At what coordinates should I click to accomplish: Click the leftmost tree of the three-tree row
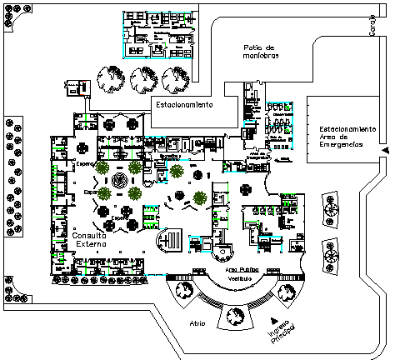(110, 79)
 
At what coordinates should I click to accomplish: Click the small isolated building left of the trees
(77, 85)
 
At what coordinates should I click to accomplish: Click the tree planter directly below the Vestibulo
(233, 317)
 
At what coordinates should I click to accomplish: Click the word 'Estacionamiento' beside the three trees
(182, 105)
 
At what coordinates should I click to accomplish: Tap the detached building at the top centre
(159, 35)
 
